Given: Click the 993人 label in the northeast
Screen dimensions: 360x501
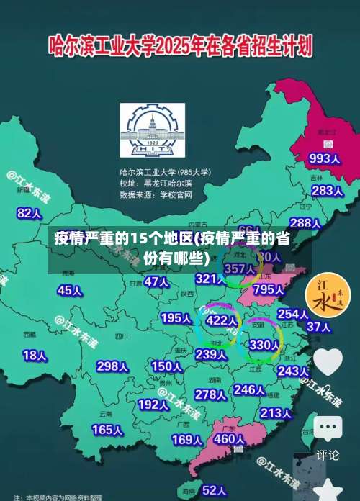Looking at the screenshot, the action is [x=324, y=158].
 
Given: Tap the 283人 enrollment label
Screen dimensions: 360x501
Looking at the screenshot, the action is [x=327, y=191].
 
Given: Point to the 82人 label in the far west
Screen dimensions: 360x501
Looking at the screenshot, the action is [x=30, y=193].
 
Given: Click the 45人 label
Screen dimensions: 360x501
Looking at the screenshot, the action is [x=70, y=290].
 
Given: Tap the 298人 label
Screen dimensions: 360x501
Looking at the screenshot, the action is [x=112, y=366].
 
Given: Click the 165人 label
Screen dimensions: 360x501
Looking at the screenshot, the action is [x=107, y=430].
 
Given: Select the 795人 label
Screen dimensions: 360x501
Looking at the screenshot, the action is [x=269, y=289].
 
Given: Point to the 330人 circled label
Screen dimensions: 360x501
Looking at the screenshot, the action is [x=264, y=345].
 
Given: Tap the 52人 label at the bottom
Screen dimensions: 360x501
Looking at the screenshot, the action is [x=214, y=490].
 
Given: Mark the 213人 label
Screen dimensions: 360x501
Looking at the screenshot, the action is [x=276, y=413].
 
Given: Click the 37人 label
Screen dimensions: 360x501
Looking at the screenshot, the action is [x=318, y=327].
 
